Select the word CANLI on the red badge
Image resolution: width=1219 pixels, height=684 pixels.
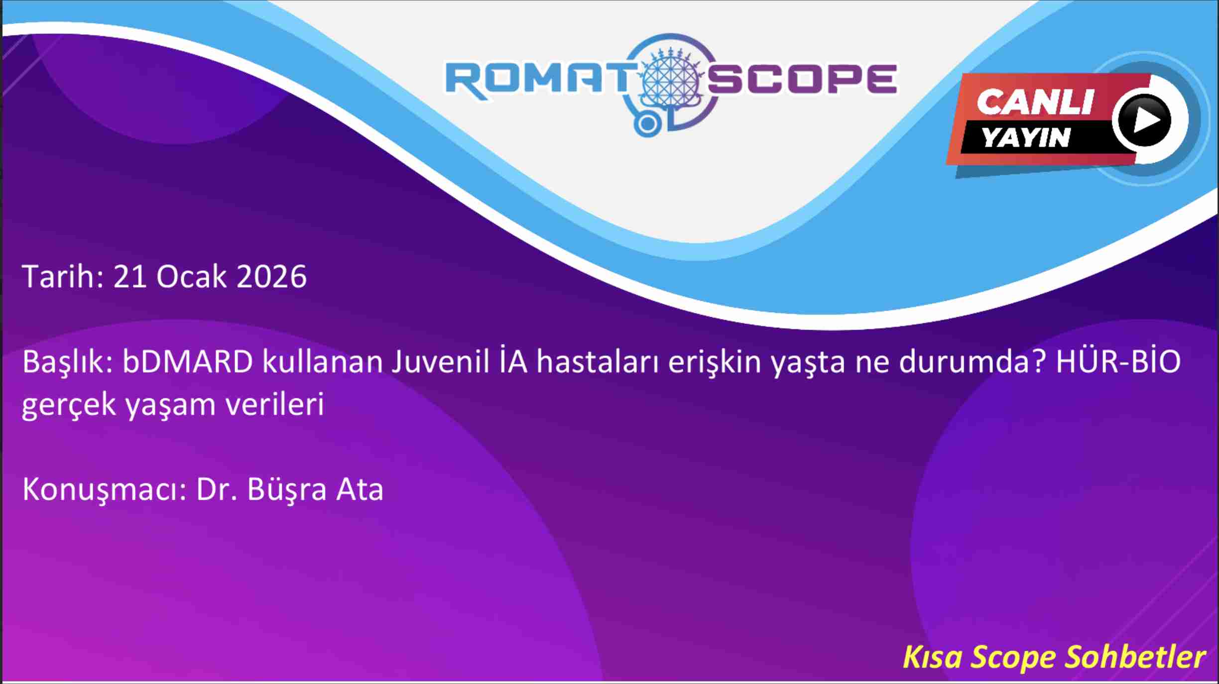coord(1035,102)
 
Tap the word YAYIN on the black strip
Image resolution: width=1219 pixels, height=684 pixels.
coord(1026,137)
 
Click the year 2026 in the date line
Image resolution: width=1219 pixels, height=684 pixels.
coord(271,276)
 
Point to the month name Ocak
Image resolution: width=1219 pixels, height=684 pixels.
coord(192,276)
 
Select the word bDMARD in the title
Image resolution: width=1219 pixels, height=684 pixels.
coord(188,361)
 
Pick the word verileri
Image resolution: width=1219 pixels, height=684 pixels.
coord(275,404)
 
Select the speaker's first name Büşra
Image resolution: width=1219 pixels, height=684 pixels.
coord(287,489)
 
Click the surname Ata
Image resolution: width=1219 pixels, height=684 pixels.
coord(360,489)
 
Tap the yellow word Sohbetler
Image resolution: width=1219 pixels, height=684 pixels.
coord(1135,657)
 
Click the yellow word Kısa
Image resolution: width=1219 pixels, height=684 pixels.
coord(932,657)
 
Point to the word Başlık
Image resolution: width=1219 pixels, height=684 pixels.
coord(68,362)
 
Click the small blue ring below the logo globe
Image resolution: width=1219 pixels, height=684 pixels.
coord(647,124)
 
